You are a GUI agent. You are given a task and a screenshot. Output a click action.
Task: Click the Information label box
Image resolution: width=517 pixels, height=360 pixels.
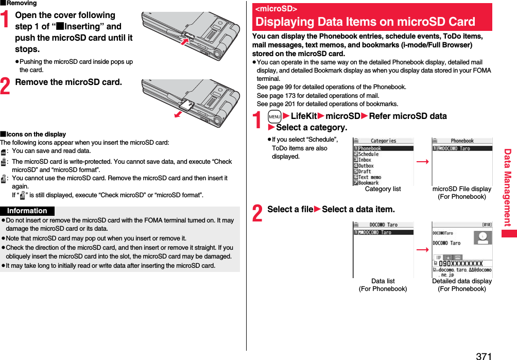27,211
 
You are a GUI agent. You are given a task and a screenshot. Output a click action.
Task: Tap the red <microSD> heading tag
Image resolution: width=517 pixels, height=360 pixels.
277,9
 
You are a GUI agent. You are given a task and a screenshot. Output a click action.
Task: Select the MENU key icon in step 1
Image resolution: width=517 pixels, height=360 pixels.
274,117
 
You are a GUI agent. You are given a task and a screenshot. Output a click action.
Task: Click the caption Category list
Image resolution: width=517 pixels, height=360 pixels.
383,189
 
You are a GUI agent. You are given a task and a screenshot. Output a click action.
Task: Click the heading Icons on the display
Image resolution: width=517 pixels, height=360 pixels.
33,134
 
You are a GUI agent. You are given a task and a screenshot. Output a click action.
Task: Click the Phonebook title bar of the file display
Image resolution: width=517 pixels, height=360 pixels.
462,141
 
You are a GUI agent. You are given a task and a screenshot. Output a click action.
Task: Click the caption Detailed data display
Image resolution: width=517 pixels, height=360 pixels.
461,281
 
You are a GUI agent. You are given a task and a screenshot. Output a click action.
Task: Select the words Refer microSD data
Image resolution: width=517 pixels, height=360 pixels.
408,116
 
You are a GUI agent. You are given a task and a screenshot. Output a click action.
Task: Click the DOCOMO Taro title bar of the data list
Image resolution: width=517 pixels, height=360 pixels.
384,225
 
